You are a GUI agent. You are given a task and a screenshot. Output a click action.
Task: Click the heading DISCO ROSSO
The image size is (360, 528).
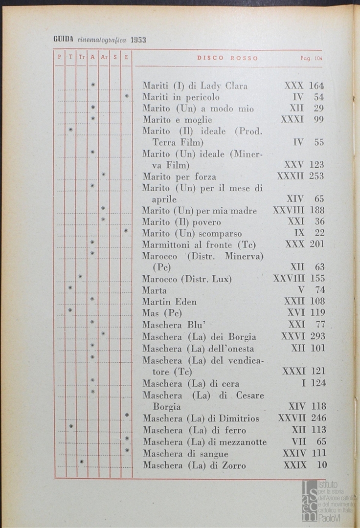(227, 58)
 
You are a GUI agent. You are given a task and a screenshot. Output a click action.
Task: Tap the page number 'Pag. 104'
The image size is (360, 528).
(312, 58)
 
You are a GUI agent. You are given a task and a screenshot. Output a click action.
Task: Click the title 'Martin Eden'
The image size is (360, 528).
(169, 302)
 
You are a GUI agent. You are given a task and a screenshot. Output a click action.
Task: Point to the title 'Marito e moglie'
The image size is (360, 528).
(171, 119)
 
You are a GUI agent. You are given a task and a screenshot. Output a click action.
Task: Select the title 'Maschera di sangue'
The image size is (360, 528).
(185, 454)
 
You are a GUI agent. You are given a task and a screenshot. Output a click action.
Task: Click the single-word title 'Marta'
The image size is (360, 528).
(154, 290)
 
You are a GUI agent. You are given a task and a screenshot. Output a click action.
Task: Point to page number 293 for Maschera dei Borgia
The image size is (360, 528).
(317, 336)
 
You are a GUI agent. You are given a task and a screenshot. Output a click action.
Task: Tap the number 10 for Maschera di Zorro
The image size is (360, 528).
(321, 465)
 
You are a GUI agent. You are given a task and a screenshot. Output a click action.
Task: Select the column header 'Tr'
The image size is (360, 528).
(81, 57)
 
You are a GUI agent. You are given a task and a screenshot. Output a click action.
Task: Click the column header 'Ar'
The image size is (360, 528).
(104, 57)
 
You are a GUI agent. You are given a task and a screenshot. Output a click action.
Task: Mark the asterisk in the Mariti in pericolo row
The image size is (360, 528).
(126, 96)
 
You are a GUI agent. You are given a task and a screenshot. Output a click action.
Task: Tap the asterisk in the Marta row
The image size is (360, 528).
(70, 288)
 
